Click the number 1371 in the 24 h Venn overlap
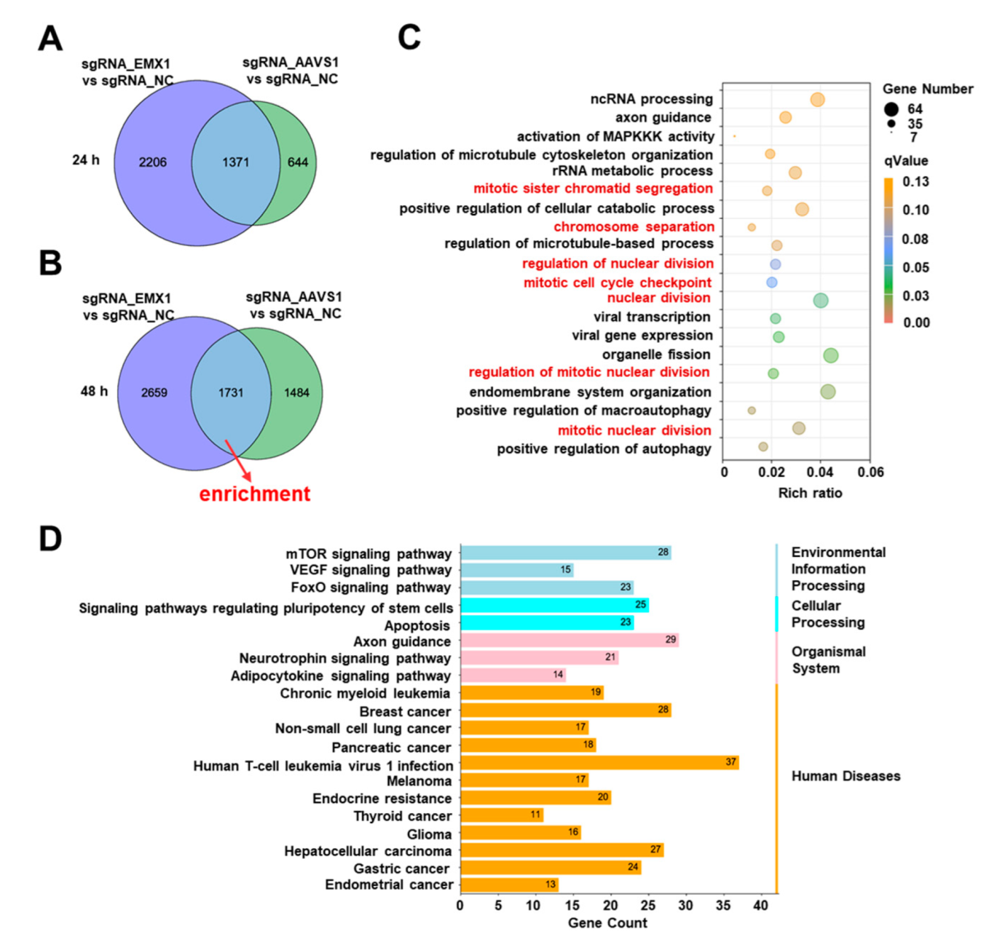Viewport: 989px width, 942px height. click(235, 162)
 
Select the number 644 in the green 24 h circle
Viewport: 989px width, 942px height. click(298, 162)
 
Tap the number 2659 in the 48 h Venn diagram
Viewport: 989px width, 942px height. click(154, 392)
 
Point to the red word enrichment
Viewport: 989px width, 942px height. click(255, 494)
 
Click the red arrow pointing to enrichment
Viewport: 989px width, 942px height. click(238, 460)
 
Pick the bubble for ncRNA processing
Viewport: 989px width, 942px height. click(818, 100)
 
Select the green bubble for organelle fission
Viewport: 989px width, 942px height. click(831, 355)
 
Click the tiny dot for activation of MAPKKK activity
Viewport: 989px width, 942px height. click(734, 136)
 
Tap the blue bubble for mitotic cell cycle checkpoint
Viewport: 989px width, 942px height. click(772, 282)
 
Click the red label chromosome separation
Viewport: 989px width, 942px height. click(634, 226)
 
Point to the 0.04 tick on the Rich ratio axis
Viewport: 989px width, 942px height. click(821, 472)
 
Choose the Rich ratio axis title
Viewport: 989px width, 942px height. click(810, 493)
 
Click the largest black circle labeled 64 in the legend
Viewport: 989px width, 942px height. click(891, 109)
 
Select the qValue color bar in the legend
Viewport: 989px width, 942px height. click(888, 250)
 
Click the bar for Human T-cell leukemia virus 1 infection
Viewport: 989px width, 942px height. click(599, 763)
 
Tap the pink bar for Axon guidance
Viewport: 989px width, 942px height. click(570, 641)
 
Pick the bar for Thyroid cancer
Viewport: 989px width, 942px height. click(502, 815)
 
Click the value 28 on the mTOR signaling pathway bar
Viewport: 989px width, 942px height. click(663, 552)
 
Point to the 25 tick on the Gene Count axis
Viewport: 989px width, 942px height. click(647, 905)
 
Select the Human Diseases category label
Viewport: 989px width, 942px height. click(846, 776)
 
